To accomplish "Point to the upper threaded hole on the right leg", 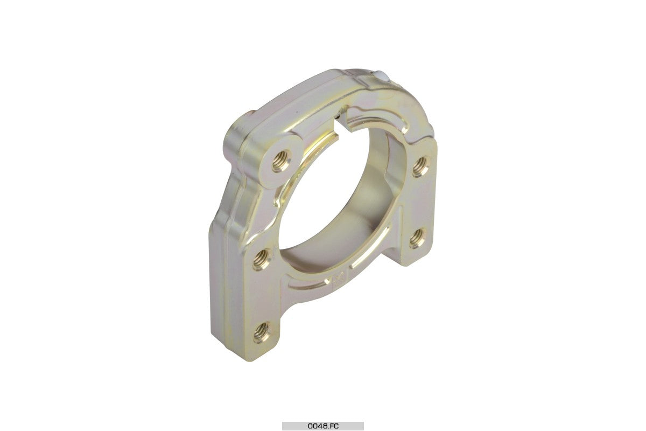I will click(x=421, y=166).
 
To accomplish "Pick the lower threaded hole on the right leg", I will click(x=417, y=238).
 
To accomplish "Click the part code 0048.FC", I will click(x=323, y=426).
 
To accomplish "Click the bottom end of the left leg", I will click(x=253, y=345).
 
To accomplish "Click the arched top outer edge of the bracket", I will click(x=301, y=89).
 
